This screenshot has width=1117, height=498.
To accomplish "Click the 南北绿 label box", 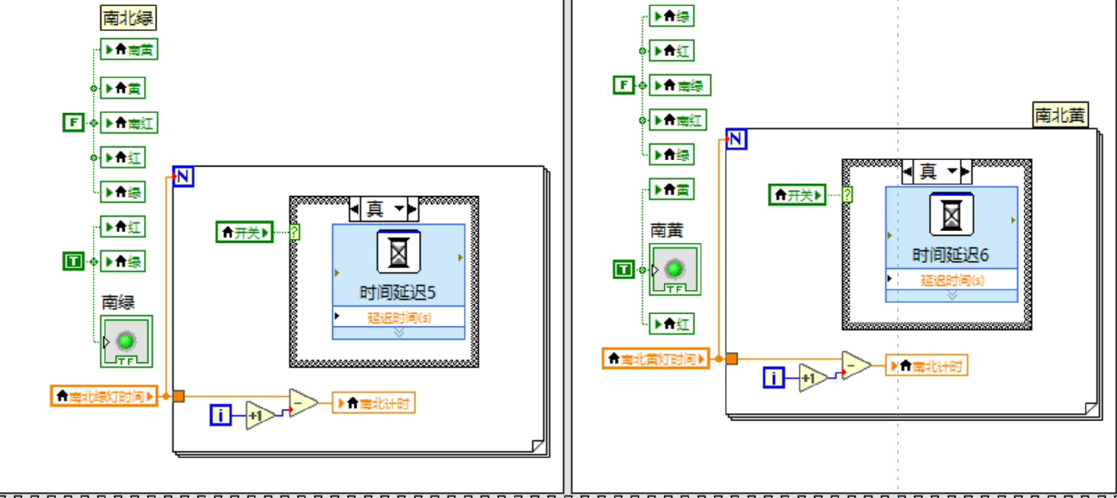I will tap(128, 18).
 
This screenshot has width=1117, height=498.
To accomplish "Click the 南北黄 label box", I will tap(1060, 115).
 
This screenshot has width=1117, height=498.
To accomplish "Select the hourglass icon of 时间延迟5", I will tap(399, 252).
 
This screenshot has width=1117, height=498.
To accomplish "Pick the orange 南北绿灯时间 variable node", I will tap(104, 396).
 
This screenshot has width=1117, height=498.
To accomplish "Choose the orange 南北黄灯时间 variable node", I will tap(656, 359).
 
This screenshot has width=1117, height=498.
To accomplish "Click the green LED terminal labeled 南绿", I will tap(126, 341).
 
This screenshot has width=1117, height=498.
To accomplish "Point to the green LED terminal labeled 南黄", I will tap(675, 269).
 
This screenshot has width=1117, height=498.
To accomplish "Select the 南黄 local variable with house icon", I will tap(129, 49).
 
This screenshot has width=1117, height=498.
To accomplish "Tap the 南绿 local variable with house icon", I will tap(680, 86).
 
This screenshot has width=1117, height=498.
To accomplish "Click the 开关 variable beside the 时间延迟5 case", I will tap(244, 232).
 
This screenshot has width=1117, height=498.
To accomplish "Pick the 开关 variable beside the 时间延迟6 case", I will tap(797, 195).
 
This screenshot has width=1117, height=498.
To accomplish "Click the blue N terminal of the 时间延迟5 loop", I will tap(183, 176).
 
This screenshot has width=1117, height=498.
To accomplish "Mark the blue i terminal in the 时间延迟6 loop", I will tap(773, 378).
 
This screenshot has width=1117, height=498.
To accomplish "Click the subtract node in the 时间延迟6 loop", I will tap(855, 365).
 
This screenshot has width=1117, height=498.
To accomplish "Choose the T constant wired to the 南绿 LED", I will tap(73, 261).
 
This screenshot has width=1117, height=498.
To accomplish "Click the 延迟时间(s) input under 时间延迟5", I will tap(399, 317).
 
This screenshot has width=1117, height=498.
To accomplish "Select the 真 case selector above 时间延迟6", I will tap(936, 171).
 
